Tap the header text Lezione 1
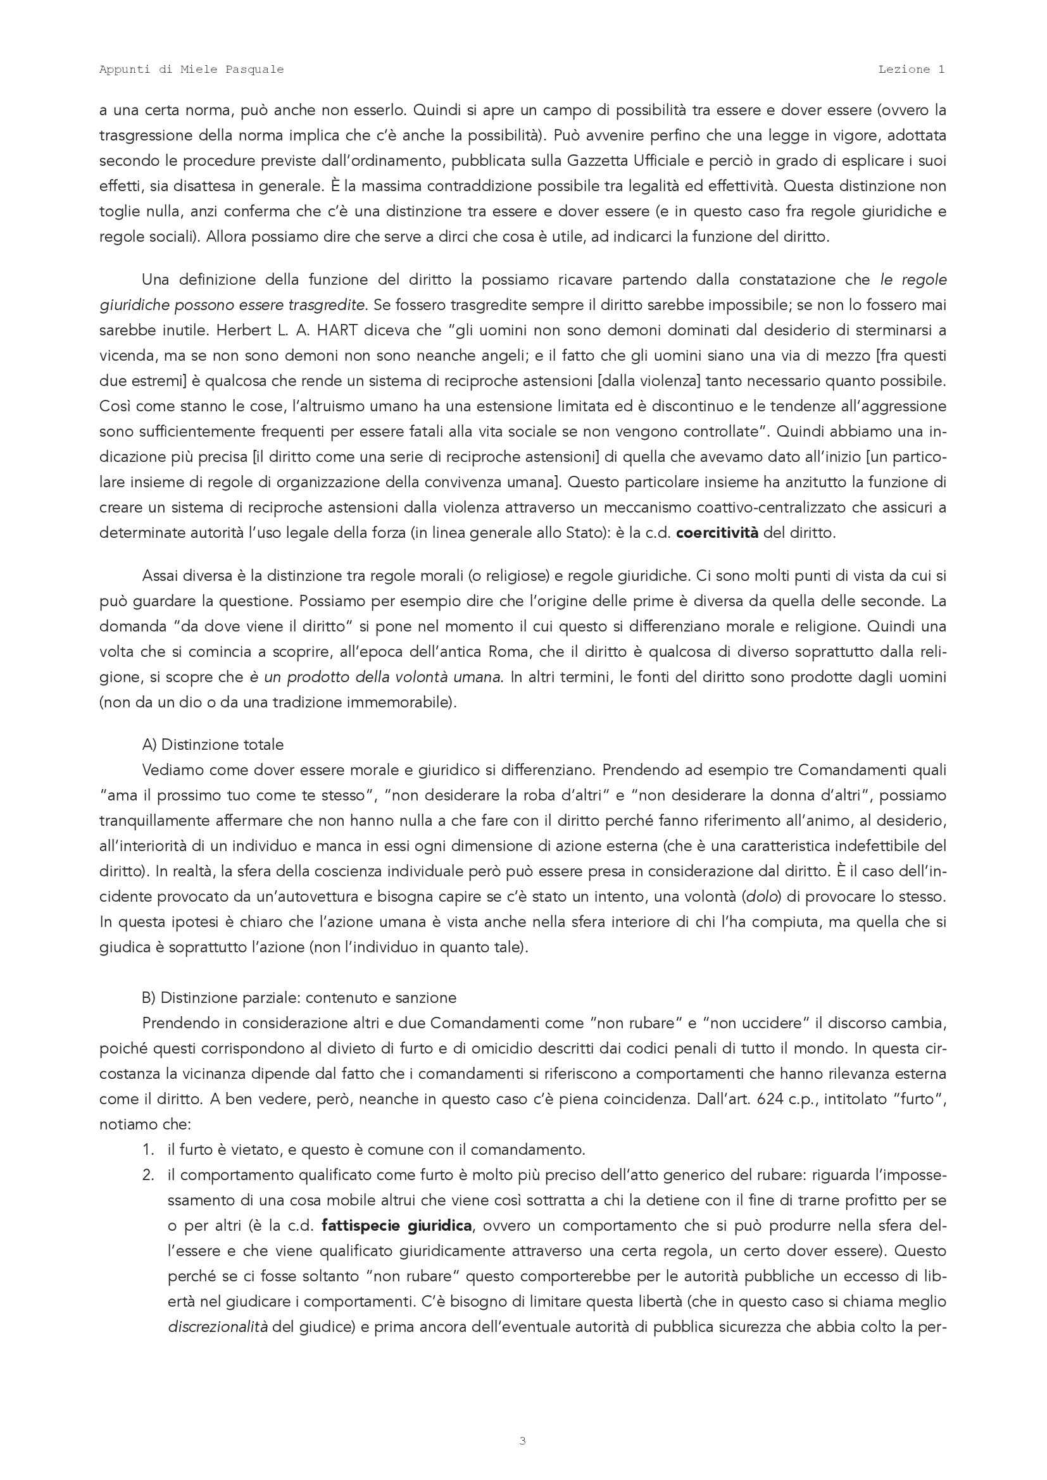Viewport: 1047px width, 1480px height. coord(911,70)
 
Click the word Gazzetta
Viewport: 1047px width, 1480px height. coord(601,161)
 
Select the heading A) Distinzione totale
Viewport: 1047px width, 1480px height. coord(213,745)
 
